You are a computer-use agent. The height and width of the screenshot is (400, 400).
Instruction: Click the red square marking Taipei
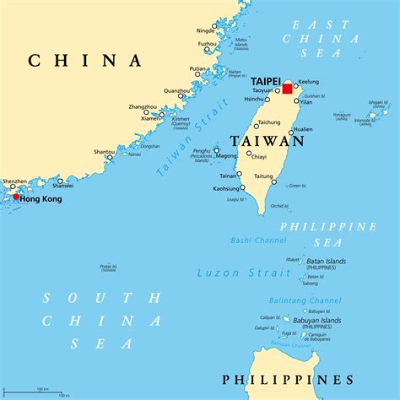coord(287,89)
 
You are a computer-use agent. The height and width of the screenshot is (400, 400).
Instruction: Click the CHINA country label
coord(85,60)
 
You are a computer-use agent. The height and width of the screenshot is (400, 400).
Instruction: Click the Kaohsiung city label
coord(224,187)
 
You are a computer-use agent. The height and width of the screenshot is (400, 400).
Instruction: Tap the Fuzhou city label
coord(207,43)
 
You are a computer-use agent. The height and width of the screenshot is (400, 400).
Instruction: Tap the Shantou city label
coord(105,152)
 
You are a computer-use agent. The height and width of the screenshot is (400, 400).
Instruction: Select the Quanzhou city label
coord(177,90)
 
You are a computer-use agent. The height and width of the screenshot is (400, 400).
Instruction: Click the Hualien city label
coord(302,130)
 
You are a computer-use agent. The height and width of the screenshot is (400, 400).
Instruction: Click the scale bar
coord(39,392)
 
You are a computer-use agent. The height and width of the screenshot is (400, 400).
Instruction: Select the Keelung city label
coord(310,82)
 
